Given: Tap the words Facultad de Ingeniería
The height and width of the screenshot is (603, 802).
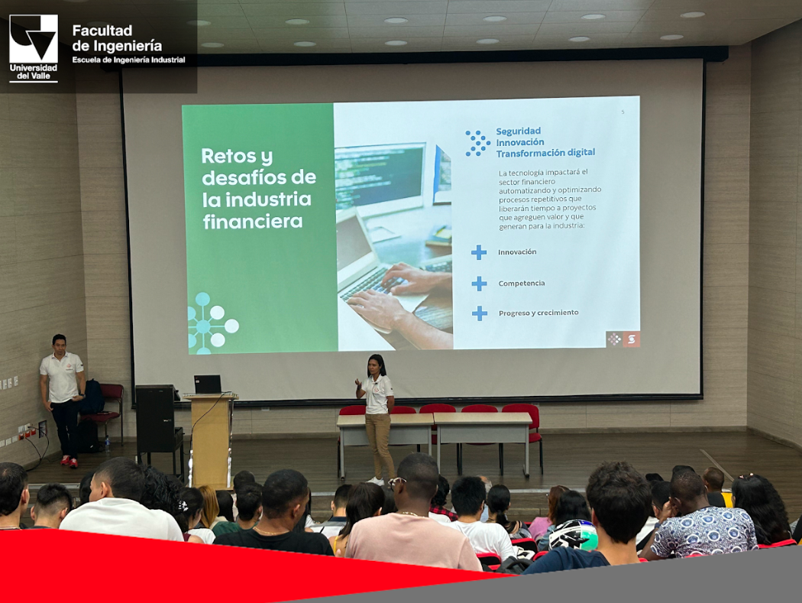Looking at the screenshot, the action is [117, 38].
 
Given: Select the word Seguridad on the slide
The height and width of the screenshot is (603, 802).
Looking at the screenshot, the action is [518, 131].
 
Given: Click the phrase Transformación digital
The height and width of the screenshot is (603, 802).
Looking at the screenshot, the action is [546, 153].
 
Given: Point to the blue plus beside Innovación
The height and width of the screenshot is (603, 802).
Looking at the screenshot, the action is [479, 252].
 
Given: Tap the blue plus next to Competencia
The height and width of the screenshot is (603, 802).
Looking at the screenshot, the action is [479, 283].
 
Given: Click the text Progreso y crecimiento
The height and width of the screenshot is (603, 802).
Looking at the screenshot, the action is [538, 313].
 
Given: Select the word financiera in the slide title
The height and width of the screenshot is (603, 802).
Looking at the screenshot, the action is [253, 222].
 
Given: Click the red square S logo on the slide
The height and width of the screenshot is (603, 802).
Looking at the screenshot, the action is [631, 339].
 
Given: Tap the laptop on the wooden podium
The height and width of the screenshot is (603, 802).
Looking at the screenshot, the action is [208, 384].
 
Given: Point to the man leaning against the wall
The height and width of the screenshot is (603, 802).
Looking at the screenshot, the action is [63, 400].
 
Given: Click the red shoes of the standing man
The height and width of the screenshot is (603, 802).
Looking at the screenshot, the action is [70, 462].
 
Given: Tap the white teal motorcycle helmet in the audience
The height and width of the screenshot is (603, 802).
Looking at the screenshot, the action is [573, 534].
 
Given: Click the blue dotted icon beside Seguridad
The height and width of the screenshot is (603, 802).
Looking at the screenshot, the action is [477, 143].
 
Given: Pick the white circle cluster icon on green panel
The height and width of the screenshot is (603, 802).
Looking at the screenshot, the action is [212, 323].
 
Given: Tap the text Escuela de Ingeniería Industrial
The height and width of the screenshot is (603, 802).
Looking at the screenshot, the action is [128, 60].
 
